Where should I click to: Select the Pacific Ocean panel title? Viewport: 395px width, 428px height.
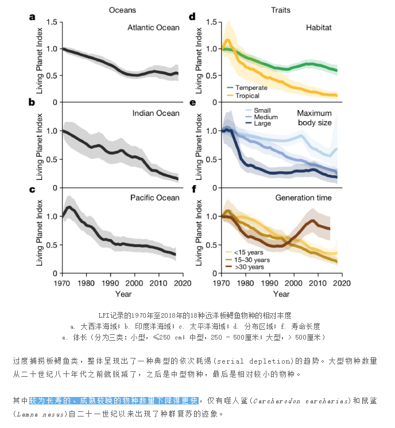coord(155,198)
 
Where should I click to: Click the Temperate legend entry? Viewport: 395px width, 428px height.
coord(247,87)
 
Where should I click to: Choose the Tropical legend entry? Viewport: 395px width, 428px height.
coord(245,95)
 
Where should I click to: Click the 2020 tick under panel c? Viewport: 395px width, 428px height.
coord(183,283)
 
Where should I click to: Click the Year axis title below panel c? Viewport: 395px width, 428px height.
coord(122,294)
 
